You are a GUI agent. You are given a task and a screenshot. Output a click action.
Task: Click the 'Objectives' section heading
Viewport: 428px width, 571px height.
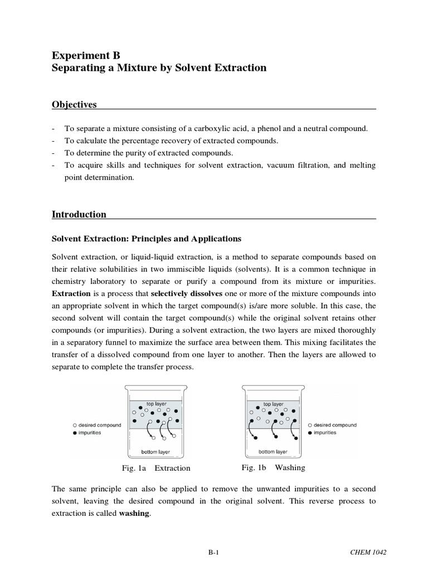[74, 104]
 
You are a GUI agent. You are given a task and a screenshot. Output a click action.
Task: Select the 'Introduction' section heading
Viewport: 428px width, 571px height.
[79, 214]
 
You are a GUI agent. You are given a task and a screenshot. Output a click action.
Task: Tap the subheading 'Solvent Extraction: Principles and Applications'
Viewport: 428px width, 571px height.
[146, 239]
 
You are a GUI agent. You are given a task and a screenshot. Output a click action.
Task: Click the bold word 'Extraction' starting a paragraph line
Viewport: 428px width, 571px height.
[71, 293]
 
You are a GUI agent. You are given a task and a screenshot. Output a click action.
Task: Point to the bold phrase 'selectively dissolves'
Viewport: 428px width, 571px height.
[187, 293]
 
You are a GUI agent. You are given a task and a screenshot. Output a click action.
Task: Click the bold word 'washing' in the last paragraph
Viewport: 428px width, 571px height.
[134, 514]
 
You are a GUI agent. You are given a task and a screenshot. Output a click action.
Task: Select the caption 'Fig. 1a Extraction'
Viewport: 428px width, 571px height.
[157, 468]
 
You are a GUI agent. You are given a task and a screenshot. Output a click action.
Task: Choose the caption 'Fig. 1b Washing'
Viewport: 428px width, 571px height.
[273, 467]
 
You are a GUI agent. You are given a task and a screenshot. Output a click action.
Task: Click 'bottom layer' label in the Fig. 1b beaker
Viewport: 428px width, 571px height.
[274, 452]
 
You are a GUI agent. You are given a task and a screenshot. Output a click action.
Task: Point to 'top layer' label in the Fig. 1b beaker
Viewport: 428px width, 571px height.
[274, 403]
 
